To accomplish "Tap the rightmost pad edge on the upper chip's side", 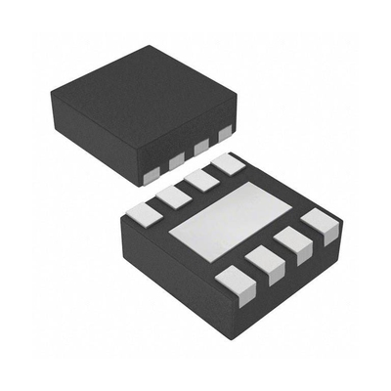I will pyautogui.click(x=226, y=132).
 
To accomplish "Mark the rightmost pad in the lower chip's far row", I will pyautogui.click(x=228, y=164).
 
